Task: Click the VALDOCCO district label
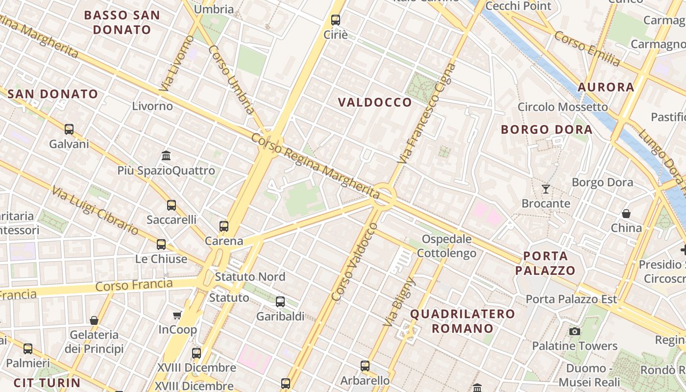click(x=375, y=102)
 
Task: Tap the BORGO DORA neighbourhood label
click(x=546, y=130)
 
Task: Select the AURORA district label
click(x=606, y=87)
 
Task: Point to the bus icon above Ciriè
click(x=335, y=20)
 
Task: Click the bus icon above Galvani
click(x=69, y=129)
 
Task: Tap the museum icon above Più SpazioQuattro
click(x=166, y=156)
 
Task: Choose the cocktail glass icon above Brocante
click(x=545, y=189)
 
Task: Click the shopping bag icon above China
click(x=626, y=214)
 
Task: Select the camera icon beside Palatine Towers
click(x=575, y=332)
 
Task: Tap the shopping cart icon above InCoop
click(x=177, y=316)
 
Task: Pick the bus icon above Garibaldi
click(x=280, y=302)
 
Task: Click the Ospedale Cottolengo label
click(x=446, y=246)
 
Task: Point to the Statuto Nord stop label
click(x=250, y=277)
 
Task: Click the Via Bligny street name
click(x=398, y=301)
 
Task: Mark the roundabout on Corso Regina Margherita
click(x=384, y=197)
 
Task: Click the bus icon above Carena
click(x=224, y=226)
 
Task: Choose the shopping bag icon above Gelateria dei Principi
click(x=94, y=320)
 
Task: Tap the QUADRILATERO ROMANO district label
click(x=462, y=321)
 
